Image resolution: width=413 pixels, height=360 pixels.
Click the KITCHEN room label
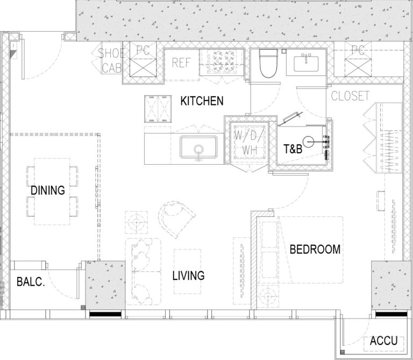(x=202, y=101)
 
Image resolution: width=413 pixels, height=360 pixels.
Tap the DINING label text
(x=48, y=190)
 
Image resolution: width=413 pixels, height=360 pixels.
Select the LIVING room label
(x=188, y=276)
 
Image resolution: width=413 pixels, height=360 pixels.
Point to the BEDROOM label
(x=315, y=249)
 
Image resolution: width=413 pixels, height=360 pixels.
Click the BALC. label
(x=31, y=282)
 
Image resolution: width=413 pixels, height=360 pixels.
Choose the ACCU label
(x=383, y=341)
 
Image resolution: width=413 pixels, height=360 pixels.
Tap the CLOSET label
(x=350, y=96)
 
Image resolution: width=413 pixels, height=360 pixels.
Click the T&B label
(x=293, y=149)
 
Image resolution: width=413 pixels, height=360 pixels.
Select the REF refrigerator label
(x=181, y=63)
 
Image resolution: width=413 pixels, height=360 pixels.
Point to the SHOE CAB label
(x=111, y=61)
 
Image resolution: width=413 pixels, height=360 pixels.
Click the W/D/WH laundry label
(x=249, y=142)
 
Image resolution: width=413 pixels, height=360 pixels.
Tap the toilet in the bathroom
(x=268, y=63)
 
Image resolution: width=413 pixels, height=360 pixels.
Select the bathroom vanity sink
(x=306, y=63)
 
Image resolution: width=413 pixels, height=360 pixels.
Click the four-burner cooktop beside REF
(x=221, y=62)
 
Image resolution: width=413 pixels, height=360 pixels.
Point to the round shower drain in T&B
(x=309, y=142)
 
